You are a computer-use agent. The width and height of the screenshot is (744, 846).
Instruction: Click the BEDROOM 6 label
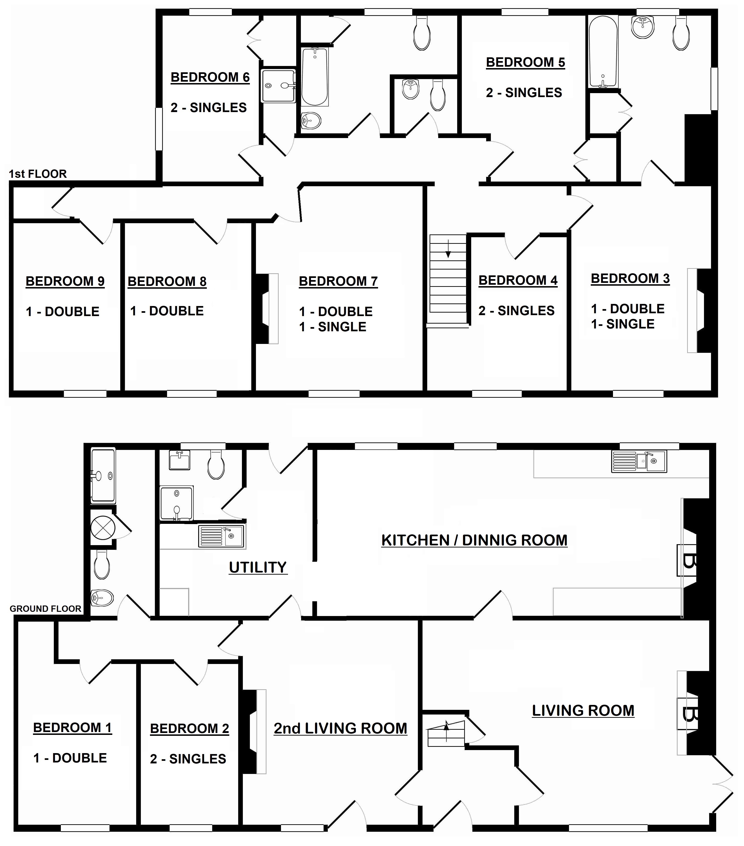coord(210,77)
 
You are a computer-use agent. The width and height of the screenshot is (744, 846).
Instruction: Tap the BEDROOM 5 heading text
coord(525,62)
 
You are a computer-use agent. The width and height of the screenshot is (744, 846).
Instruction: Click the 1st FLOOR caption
coord(38,174)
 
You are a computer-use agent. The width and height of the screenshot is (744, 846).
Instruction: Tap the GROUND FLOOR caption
coord(46,609)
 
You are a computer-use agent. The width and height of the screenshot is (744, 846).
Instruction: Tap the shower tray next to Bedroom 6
coord(278,86)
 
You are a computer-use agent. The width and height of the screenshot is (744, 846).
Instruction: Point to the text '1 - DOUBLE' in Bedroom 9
coord(62,312)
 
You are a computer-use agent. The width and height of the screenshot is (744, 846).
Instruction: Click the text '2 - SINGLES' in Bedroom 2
coord(188,759)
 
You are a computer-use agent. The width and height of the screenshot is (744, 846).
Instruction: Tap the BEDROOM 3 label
coord(630,279)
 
